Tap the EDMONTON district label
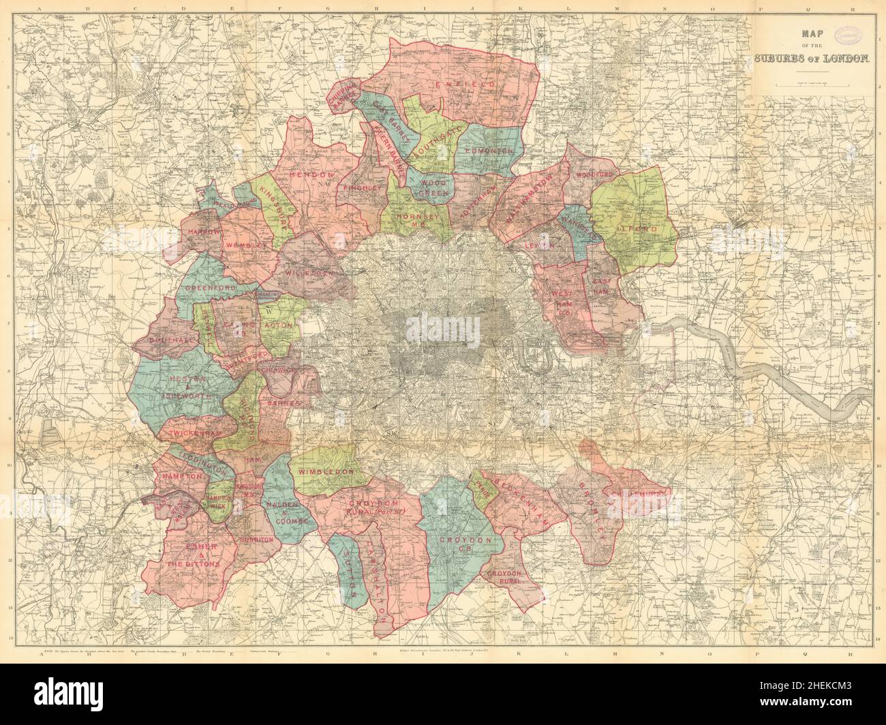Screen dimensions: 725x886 488,149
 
